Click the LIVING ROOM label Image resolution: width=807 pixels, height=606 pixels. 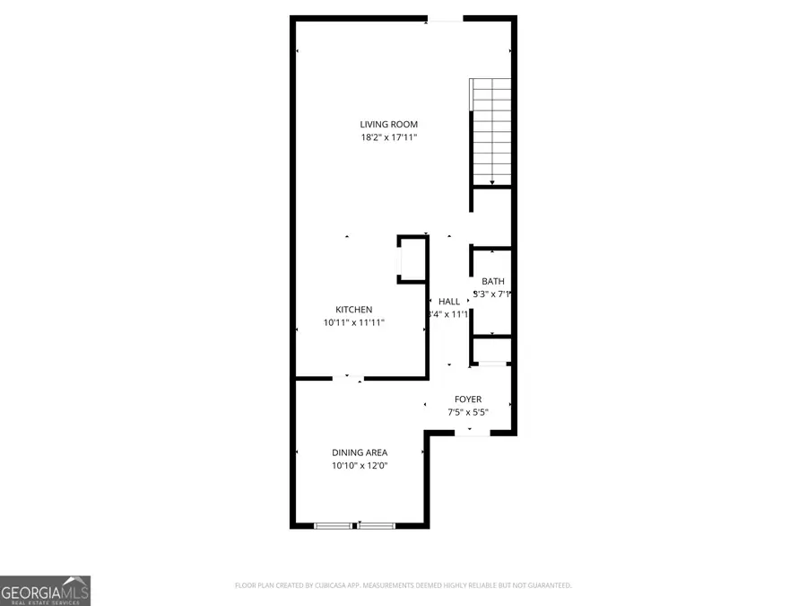388,124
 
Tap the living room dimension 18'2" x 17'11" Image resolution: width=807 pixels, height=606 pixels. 388,137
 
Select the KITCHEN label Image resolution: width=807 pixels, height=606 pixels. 353,310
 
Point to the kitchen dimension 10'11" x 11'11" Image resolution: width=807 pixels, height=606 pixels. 353,322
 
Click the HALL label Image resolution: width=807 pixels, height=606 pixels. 449,302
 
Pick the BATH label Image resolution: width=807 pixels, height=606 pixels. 492,281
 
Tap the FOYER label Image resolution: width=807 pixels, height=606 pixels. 467,400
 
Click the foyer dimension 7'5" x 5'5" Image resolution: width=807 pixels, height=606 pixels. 467,412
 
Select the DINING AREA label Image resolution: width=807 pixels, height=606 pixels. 360,452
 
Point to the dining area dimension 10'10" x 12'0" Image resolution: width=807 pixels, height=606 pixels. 360,465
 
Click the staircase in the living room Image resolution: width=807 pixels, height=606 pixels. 491,130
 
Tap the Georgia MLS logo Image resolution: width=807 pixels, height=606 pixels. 45,591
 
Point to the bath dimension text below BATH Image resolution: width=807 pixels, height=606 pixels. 493,294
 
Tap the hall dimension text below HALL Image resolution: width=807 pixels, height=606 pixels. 448,314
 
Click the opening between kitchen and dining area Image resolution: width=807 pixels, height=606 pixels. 348,378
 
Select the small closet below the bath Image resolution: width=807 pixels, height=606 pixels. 491,349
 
